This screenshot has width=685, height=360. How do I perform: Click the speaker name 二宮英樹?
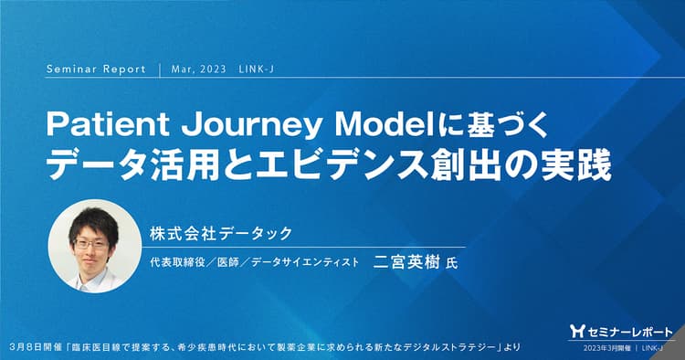pyautogui.click(x=408, y=262)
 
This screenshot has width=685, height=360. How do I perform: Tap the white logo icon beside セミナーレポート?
pyautogui.click(x=575, y=331)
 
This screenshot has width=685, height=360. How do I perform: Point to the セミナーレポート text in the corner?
pyautogui.click(x=626, y=331)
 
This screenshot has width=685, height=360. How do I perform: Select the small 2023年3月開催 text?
pyautogui.click(x=598, y=348)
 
